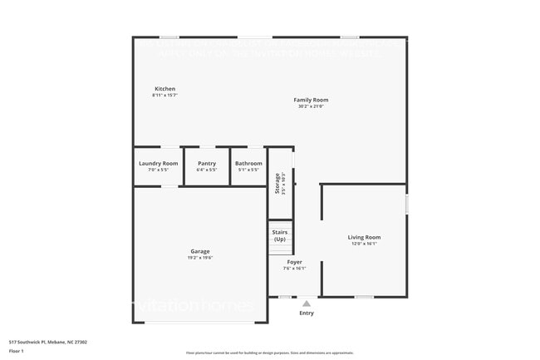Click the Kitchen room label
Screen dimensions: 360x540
coord(164,89)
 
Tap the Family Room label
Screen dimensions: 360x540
coord(311,100)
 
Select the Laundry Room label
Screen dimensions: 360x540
coord(158,163)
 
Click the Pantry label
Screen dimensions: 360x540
coord(206,163)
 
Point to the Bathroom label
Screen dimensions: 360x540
coord(248,163)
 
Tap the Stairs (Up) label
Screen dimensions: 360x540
coord(280,235)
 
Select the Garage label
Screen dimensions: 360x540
coord(199,251)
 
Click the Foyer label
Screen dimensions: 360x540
coord(294,262)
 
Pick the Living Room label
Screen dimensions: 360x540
coord(364,238)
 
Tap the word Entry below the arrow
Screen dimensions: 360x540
coord(307,313)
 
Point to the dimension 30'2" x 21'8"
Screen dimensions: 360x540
coord(311,106)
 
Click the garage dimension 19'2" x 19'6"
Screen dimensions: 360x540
coord(199,258)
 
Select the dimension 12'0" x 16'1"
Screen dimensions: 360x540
coord(364,244)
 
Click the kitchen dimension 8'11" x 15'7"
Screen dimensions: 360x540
coord(164,96)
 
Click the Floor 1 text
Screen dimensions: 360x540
coord(17,351)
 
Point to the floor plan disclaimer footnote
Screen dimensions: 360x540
coord(270,353)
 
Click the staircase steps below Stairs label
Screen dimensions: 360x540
coord(281,248)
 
